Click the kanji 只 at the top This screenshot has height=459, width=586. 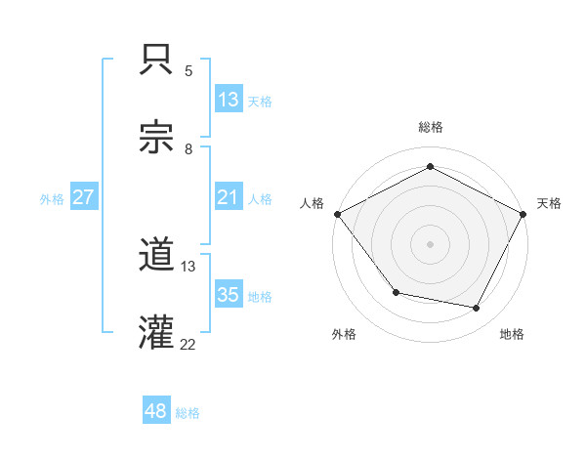tap(156, 61)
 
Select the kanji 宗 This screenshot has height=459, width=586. tap(156, 139)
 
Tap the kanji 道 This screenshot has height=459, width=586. tap(156, 256)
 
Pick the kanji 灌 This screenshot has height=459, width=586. tap(156, 334)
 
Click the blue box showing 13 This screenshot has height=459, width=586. tap(229, 100)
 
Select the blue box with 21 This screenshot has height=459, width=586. tap(229, 197)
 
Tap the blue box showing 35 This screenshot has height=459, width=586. tap(229, 295)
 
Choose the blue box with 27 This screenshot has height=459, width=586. tap(84, 197)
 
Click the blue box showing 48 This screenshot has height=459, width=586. tap(156, 411)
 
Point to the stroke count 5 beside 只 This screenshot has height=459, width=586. tap(188, 71)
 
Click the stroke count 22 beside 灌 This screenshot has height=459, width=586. tap(188, 344)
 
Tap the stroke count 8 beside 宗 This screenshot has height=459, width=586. tap(188, 149)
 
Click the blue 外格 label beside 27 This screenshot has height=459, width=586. tap(52, 198)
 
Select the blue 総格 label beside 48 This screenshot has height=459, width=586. tap(188, 412)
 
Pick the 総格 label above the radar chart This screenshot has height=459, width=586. tap(430, 127)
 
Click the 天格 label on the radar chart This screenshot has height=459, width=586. tap(550, 203)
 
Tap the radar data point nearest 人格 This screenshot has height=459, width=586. tap(337, 213)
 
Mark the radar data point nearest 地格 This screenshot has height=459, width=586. tap(477, 309)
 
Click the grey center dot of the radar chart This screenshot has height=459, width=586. tap(430, 243)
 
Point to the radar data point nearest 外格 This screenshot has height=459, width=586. tap(396, 292)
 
